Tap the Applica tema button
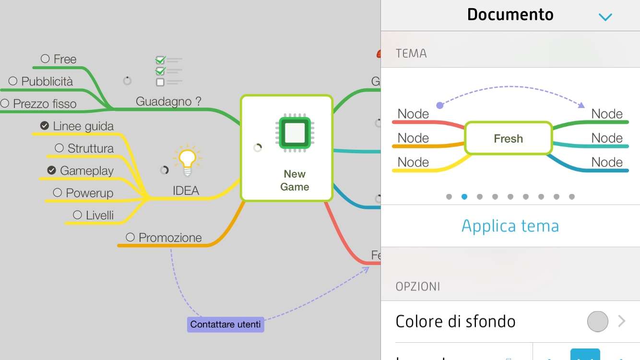point(510,226)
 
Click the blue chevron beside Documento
point(605,17)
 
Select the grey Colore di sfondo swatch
point(597,322)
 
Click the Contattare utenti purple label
point(225,324)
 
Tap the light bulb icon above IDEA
point(187,160)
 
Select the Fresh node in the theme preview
point(508,139)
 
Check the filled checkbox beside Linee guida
point(45,126)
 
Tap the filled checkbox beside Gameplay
point(52,170)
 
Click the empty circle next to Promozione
point(130,237)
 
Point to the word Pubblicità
point(47,82)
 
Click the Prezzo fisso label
point(45,104)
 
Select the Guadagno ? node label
point(168,101)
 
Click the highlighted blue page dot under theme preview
point(464,196)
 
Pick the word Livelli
point(100,216)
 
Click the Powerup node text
point(90,193)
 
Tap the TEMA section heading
point(411,53)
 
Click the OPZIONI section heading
point(418,287)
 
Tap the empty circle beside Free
point(45,59)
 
